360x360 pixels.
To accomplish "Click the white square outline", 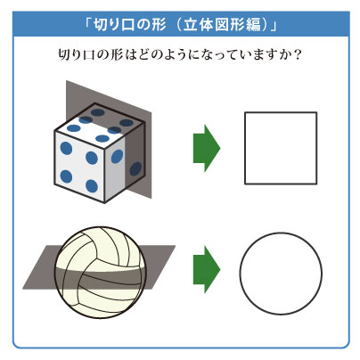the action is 245,148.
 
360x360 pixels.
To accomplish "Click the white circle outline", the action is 240,274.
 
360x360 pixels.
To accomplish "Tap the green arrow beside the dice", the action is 207,148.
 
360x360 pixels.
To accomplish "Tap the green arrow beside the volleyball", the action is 207,270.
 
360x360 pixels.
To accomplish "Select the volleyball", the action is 101,273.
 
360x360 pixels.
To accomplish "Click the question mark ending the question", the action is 296,54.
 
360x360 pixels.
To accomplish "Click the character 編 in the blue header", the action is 253,25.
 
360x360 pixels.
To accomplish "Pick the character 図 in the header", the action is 222,25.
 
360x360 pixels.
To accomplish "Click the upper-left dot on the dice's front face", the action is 66,148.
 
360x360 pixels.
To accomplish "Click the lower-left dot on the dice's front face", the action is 66,176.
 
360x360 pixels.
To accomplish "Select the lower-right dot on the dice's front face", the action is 92,186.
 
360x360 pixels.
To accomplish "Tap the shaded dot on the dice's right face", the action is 135,168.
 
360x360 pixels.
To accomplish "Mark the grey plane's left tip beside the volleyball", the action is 23,289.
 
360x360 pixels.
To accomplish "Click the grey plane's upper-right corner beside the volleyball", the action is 175,246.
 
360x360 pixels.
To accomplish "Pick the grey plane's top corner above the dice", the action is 67,80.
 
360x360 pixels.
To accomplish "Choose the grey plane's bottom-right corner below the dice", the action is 151,198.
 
